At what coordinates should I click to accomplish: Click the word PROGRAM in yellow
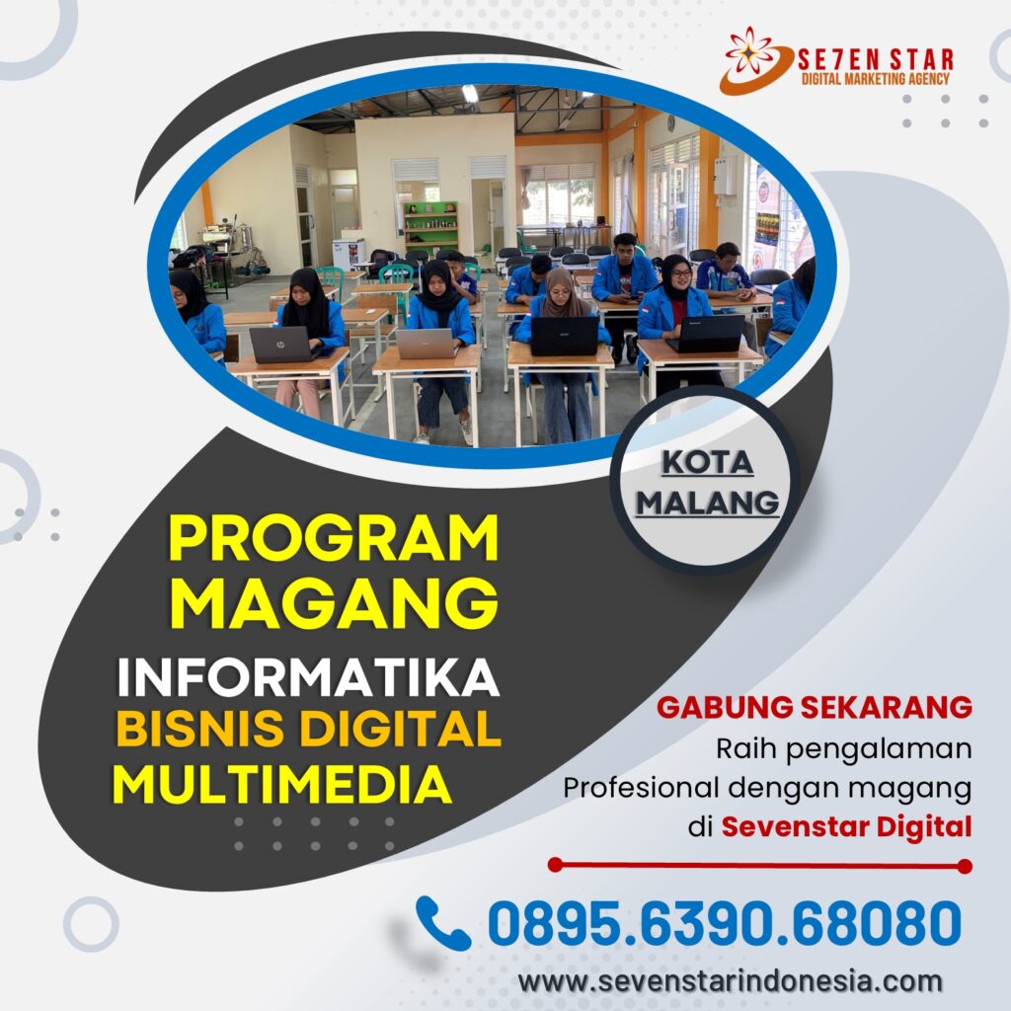(334, 538)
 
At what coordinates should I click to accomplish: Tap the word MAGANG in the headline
(334, 602)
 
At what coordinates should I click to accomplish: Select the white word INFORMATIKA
(308, 677)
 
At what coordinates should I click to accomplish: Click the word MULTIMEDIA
(281, 784)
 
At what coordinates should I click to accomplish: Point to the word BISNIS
(199, 729)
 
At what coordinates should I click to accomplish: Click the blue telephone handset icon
(443, 923)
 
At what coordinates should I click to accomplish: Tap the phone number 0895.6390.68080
(724, 923)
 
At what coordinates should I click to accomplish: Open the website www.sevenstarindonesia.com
(731, 981)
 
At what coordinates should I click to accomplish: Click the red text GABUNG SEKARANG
(815, 707)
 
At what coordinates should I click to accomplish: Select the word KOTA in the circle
(707, 462)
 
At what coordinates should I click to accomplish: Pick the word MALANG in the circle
(707, 503)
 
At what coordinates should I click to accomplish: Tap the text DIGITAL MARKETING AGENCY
(876, 79)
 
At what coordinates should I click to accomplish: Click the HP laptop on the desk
(281, 345)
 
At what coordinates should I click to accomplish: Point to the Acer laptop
(565, 336)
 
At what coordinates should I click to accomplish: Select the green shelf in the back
(430, 228)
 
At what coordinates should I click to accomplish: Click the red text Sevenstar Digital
(846, 826)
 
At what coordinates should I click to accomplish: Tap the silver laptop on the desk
(426, 344)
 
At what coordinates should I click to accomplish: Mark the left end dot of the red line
(555, 865)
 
